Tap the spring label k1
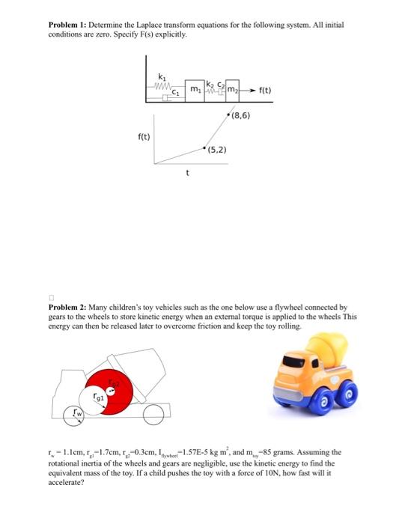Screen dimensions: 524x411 pyautogui.click(x=162, y=76)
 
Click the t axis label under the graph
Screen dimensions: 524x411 pyautogui.click(x=187, y=172)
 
